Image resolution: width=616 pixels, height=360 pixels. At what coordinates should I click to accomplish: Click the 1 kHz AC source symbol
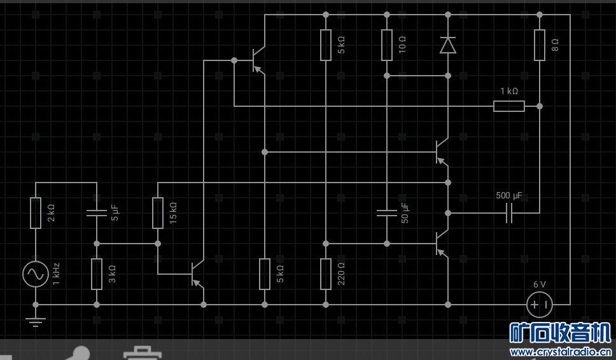pos(36,274)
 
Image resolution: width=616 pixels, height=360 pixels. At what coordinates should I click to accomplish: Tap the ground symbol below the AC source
pos(36,322)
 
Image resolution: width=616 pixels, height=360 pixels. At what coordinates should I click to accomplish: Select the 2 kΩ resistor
pos(36,213)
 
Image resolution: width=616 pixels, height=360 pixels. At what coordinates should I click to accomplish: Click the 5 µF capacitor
pos(97,213)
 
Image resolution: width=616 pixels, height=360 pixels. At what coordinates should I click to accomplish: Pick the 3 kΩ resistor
pos(97,274)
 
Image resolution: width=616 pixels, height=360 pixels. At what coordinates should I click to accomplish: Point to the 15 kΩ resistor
pos(158,213)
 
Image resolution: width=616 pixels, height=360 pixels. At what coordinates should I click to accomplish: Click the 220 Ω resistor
pos(326,274)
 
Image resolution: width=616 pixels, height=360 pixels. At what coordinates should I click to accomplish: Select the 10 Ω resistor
pos(387,45)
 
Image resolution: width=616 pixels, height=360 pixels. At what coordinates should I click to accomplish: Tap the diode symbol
pos(448,45)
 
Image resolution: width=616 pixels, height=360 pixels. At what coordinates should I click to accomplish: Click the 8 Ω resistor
pos(540,45)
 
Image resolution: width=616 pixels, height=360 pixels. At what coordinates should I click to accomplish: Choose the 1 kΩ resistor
pos(508,106)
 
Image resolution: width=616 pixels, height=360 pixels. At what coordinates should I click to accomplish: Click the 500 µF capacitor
pos(508,213)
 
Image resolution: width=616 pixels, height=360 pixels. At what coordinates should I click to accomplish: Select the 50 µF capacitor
pos(387,213)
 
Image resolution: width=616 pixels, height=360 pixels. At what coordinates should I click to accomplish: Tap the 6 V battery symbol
pos(540,305)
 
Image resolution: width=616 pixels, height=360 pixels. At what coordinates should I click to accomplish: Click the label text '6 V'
pos(540,284)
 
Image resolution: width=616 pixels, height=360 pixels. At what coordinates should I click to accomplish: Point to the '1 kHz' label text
pos(56,274)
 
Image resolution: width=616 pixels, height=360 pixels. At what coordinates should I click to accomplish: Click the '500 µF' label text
pos(508,195)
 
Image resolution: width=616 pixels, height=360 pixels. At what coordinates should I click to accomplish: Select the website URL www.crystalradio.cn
pos(561,352)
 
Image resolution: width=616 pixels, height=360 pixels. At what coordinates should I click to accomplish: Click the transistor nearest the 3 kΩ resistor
pos(198,274)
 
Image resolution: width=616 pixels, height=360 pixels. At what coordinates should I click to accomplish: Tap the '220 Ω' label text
pos(341,274)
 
